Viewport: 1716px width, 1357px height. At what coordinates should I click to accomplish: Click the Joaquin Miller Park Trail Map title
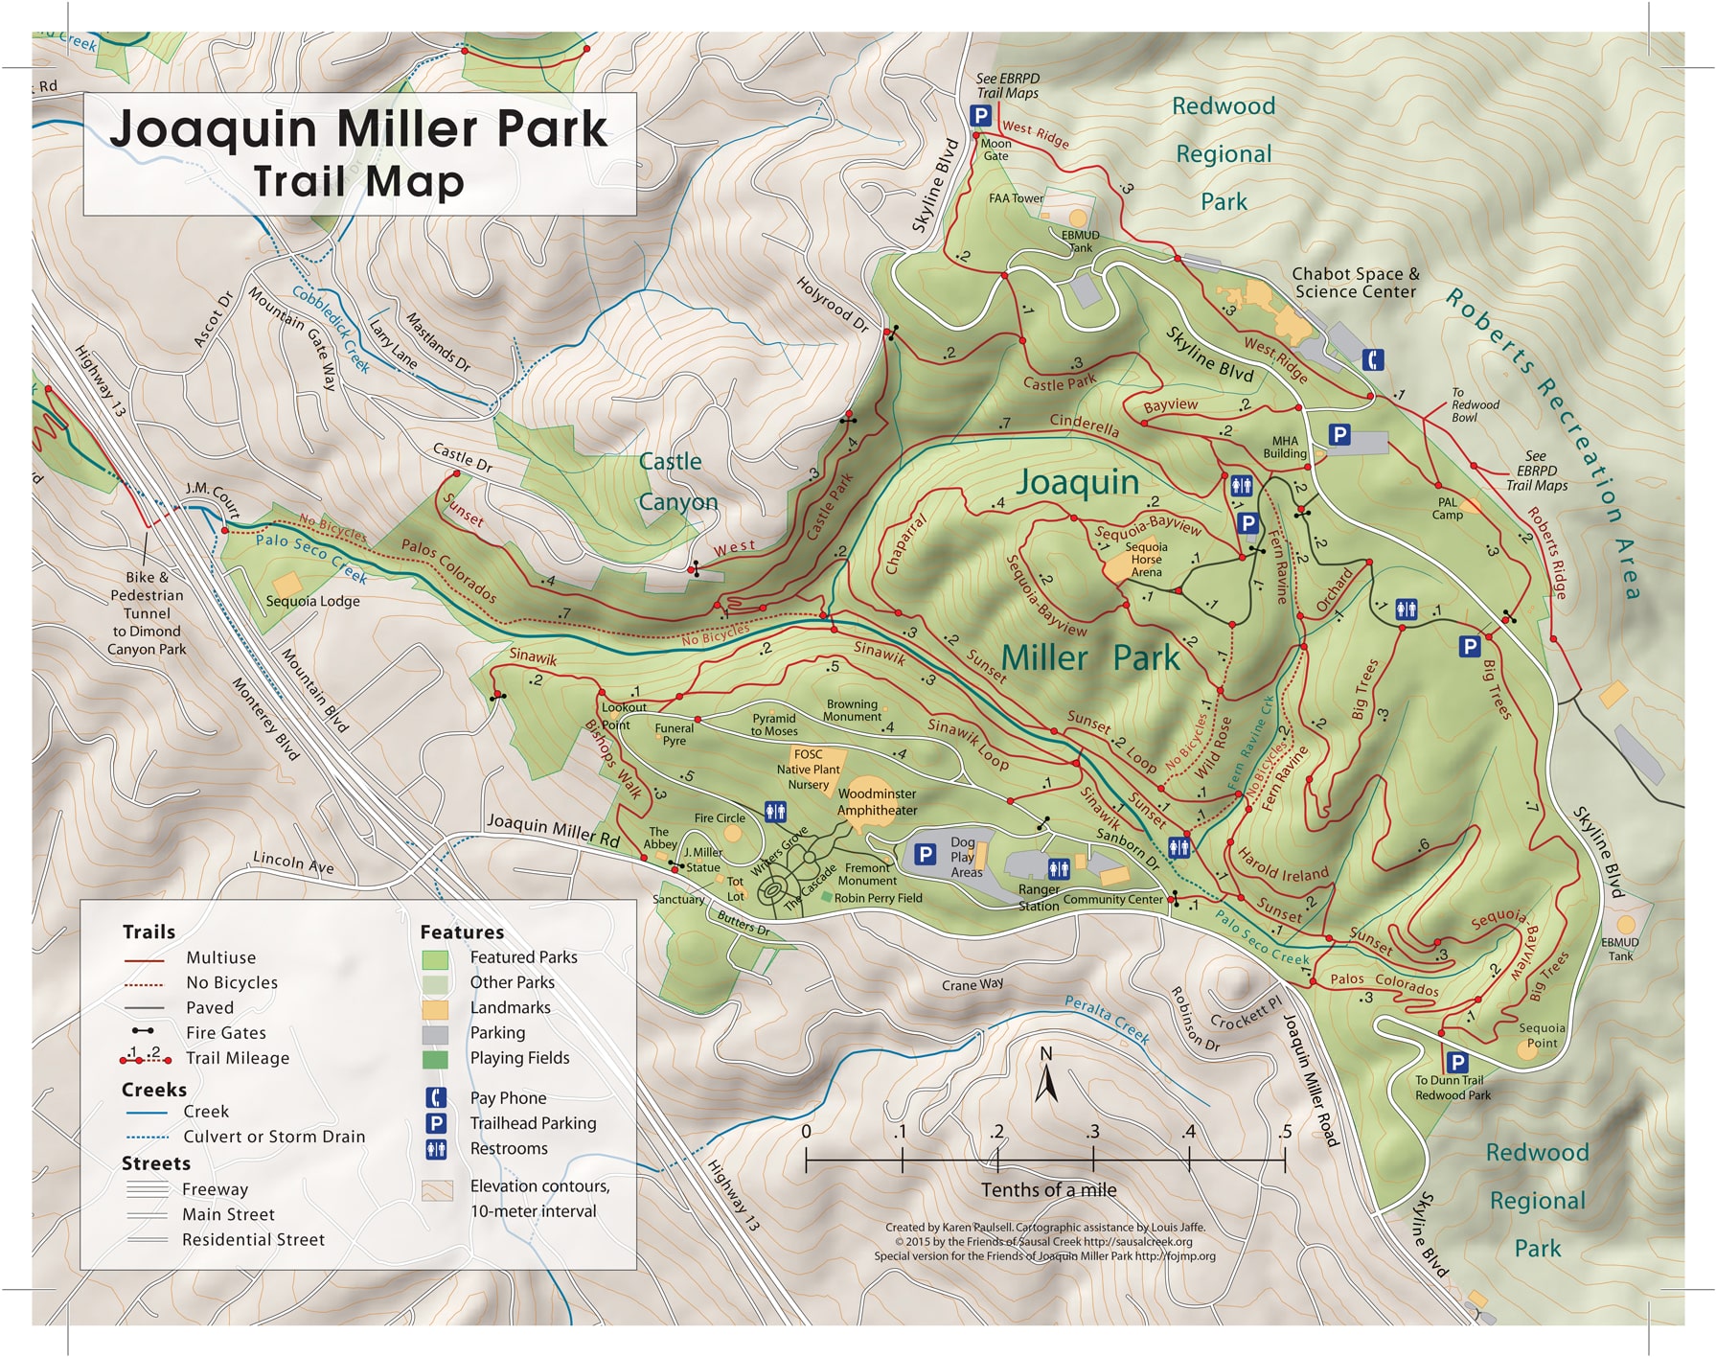coord(359,153)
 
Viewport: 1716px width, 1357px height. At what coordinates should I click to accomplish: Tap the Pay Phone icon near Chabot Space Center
coord(1374,360)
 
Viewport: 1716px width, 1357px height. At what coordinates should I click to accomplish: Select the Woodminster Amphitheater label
coord(877,802)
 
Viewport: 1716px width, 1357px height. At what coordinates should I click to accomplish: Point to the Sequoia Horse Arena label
coord(1146,560)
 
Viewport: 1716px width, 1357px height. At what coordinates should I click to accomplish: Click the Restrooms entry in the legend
coord(509,1149)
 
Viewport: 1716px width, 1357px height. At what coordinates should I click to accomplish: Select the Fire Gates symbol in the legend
coord(143,1032)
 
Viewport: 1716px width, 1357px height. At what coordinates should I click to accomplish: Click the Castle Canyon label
coord(676,482)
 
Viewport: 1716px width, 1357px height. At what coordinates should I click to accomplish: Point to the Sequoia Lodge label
coord(312,601)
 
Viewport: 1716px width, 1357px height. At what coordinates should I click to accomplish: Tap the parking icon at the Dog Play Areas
coord(925,854)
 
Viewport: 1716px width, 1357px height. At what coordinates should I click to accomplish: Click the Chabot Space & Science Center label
coord(1355,283)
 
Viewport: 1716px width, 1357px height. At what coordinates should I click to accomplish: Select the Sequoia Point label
coord(1541,1035)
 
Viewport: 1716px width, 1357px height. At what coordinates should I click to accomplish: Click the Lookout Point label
coord(623,716)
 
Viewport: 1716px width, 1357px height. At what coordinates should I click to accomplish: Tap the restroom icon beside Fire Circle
coord(776,812)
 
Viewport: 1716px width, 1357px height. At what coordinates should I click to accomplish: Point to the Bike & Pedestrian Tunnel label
coord(147,613)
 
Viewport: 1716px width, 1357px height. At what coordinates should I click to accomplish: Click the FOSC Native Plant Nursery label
coord(808,770)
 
